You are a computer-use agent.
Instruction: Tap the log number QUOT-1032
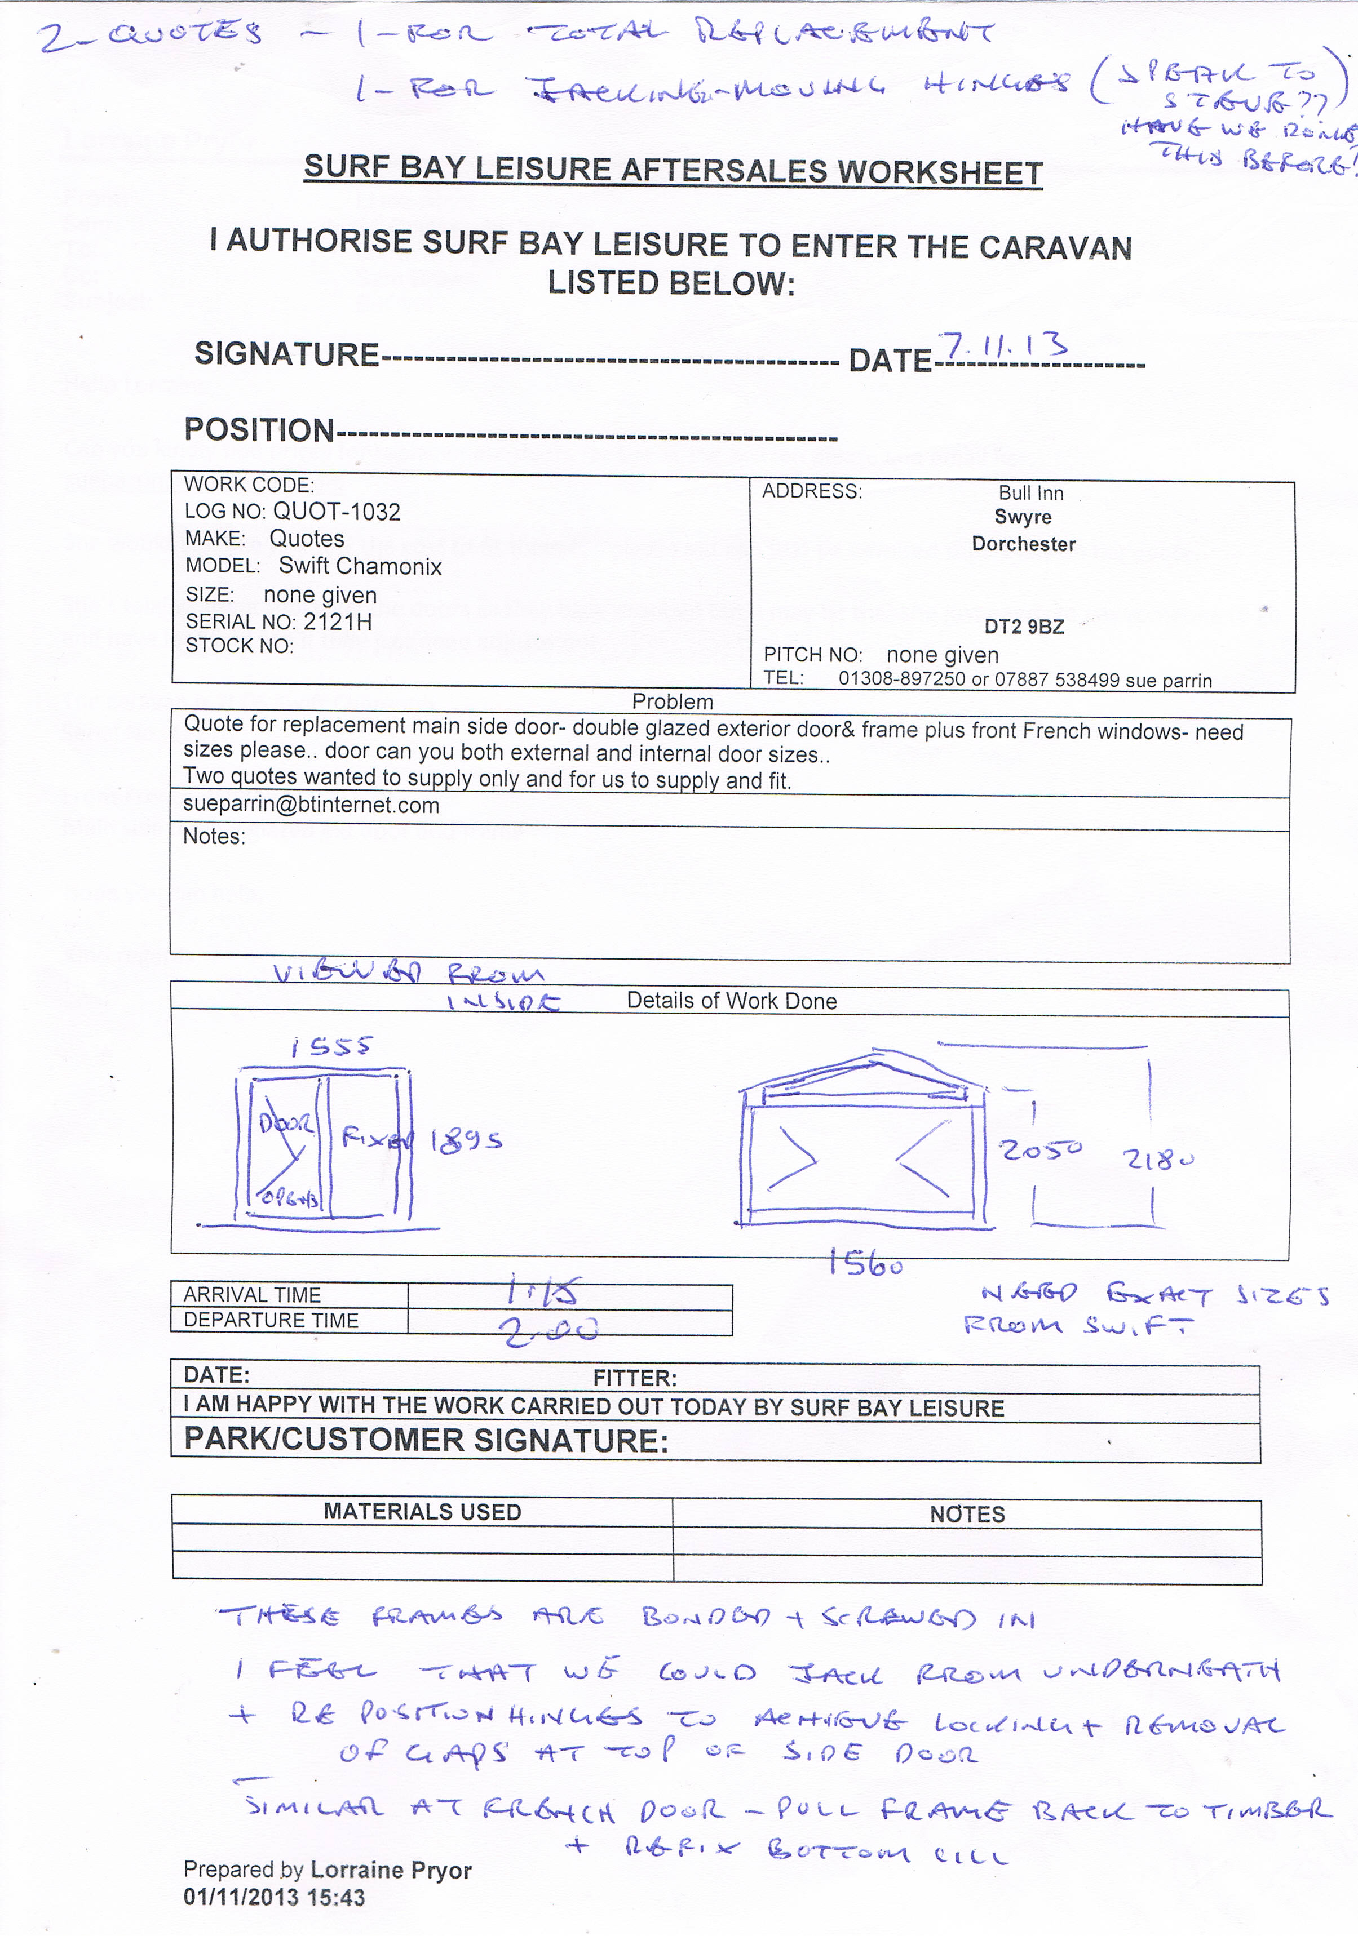click(337, 512)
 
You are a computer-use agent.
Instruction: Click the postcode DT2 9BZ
click(1024, 627)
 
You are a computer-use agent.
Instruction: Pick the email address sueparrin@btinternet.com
click(311, 805)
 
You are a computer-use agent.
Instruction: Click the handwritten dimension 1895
click(466, 1141)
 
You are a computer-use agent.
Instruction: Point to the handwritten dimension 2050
click(1040, 1150)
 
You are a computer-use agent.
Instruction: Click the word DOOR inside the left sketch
click(286, 1124)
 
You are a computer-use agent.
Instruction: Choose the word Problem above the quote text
click(673, 701)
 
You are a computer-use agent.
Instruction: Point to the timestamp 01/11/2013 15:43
click(274, 1898)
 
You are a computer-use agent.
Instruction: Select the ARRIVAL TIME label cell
click(252, 1294)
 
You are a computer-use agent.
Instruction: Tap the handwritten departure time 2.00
click(549, 1330)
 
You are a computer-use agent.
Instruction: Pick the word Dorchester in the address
click(1023, 544)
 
